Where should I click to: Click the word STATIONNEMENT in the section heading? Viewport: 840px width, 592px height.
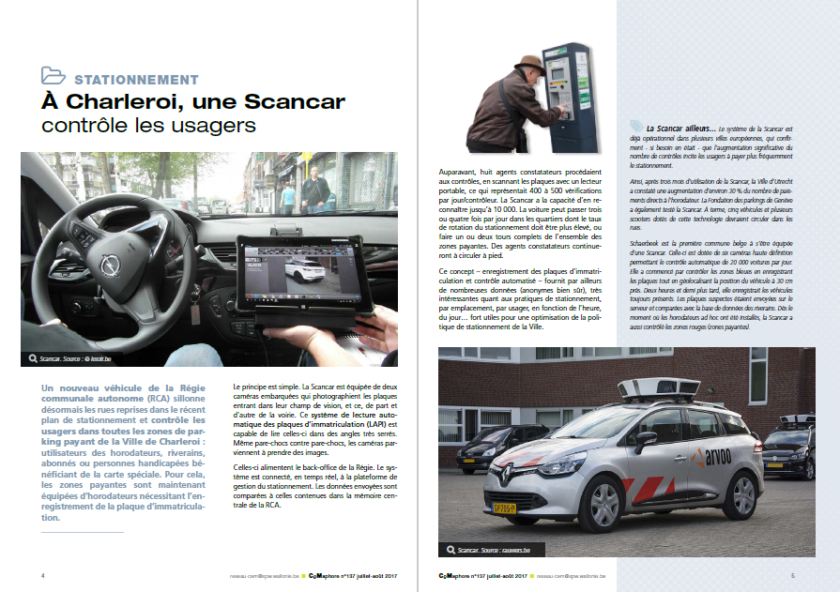coord(136,80)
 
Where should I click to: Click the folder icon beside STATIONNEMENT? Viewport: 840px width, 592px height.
coord(53,77)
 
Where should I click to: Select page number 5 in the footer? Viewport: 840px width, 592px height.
coord(792,575)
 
